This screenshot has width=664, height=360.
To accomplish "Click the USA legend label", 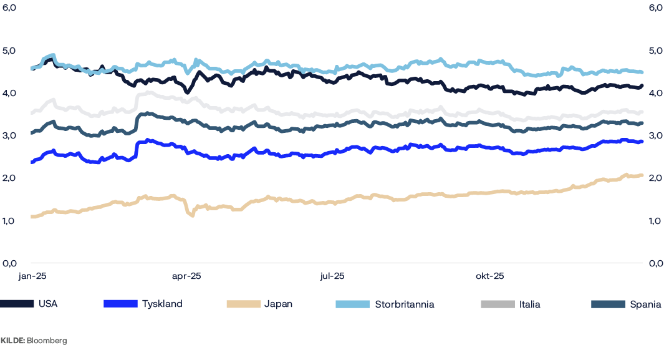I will (48, 304).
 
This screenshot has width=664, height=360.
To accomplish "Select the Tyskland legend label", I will (162, 304).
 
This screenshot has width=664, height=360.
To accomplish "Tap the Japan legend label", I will (278, 304).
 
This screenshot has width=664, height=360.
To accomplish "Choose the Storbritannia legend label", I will (405, 304).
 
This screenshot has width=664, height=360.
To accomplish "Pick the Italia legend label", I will (529, 304).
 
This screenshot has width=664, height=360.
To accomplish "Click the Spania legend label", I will (645, 304).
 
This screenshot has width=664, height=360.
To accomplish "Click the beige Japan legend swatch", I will (243, 304).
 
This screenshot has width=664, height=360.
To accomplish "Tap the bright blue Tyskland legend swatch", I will (120, 304).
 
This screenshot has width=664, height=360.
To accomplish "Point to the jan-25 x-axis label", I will (31, 275).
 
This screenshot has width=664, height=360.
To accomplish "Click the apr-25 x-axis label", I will (186, 275).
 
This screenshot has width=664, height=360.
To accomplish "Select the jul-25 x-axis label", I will (332, 275).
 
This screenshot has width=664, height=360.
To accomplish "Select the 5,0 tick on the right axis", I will (655, 51).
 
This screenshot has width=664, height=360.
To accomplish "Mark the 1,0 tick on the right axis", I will (655, 220).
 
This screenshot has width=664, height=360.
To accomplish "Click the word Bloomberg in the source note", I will (47, 341).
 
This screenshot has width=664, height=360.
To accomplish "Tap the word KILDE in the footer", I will (12, 341).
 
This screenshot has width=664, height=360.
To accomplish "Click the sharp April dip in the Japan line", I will (191, 214).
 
